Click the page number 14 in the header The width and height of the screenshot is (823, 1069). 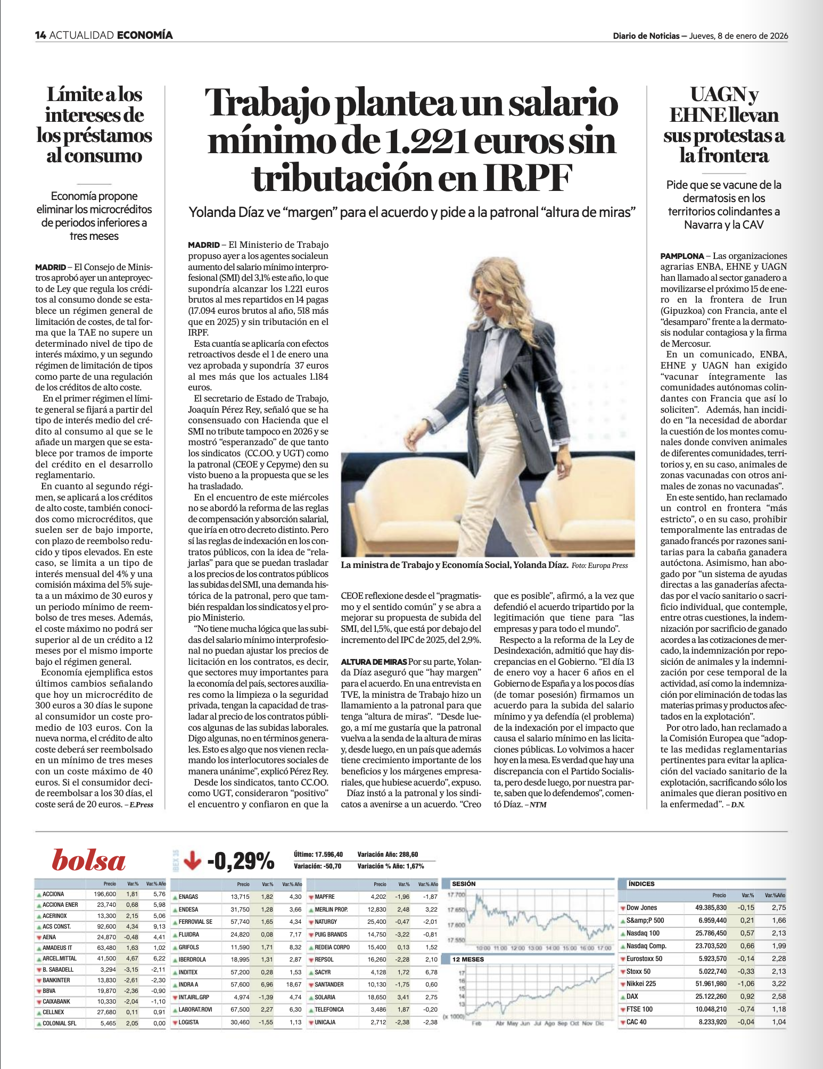40,36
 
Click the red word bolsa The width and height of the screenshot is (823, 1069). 89,861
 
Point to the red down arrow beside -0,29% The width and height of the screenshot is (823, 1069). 192,860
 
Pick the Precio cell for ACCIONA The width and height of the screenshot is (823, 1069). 105,894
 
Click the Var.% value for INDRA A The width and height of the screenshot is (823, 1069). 266,984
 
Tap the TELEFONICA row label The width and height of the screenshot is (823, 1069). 329,1009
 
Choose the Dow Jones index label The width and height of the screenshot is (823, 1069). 641,907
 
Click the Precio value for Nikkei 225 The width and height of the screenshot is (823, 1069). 712,983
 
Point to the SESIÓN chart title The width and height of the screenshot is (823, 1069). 464,884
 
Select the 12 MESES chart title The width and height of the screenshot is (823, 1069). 468,959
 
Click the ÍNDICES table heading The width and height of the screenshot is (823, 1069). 641,884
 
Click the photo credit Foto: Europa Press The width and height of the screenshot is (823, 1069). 599,565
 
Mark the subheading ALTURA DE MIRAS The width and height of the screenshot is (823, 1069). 374,662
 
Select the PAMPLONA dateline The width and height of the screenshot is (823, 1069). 682,256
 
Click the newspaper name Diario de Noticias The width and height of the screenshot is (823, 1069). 646,36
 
